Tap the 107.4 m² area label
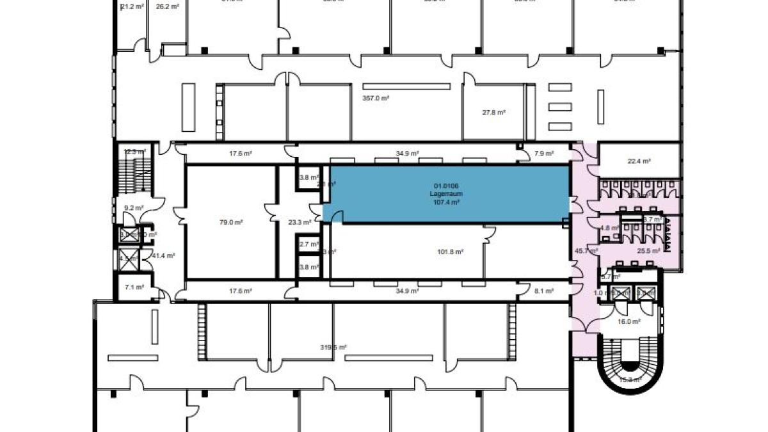446,202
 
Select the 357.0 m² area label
376,98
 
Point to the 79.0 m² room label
231,222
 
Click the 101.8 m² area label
450,252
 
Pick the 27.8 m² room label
493,112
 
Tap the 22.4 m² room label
638,161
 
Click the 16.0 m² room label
628,322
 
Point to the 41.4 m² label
163,255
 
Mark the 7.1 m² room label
134,287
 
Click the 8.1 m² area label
544,290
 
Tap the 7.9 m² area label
544,154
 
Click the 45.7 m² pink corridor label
582,250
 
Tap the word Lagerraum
446,193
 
